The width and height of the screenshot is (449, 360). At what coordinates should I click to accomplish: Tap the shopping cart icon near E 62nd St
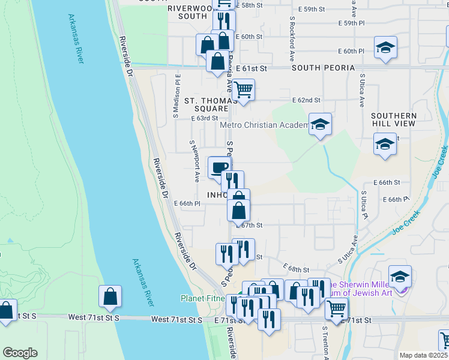point(243,90)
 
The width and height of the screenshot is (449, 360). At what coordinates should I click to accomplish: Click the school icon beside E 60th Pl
point(385,47)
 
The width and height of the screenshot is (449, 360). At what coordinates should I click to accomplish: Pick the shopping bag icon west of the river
point(110,296)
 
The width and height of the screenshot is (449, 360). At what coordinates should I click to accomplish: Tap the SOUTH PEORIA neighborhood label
point(324,68)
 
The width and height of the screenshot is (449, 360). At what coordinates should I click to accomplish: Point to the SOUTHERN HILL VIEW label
point(393,119)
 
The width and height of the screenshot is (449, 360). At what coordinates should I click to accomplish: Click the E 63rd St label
point(205,118)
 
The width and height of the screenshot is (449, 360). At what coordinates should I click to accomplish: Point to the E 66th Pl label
point(187,203)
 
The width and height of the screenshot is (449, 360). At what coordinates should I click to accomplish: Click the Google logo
point(20,353)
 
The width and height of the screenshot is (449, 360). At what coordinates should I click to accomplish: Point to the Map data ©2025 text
point(424,355)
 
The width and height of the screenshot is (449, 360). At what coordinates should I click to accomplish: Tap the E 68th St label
point(297,271)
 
